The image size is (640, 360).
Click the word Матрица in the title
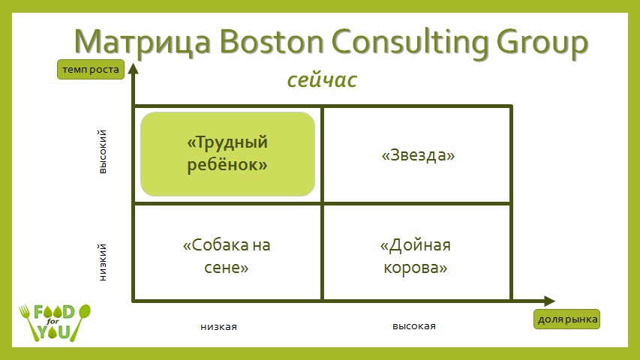click(143, 42)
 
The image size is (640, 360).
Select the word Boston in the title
click(272, 41)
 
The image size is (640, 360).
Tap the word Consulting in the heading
click(410, 43)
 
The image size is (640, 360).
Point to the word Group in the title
click(542, 43)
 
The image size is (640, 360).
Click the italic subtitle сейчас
click(322, 80)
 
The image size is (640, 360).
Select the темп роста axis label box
click(91, 70)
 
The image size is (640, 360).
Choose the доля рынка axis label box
click(567, 319)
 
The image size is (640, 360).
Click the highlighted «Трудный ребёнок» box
click(228, 154)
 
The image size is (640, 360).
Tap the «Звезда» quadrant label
click(418, 155)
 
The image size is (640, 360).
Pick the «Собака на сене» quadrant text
click(227, 256)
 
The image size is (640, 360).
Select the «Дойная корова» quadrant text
click(416, 256)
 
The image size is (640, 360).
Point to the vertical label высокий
click(103, 151)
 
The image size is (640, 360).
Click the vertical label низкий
click(103, 262)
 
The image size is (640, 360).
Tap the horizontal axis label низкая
click(219, 326)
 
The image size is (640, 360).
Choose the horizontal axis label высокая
click(414, 326)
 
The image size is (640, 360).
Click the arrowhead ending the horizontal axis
click(549, 301)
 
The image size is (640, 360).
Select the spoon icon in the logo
click(80, 322)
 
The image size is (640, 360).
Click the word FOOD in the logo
click(54, 312)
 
